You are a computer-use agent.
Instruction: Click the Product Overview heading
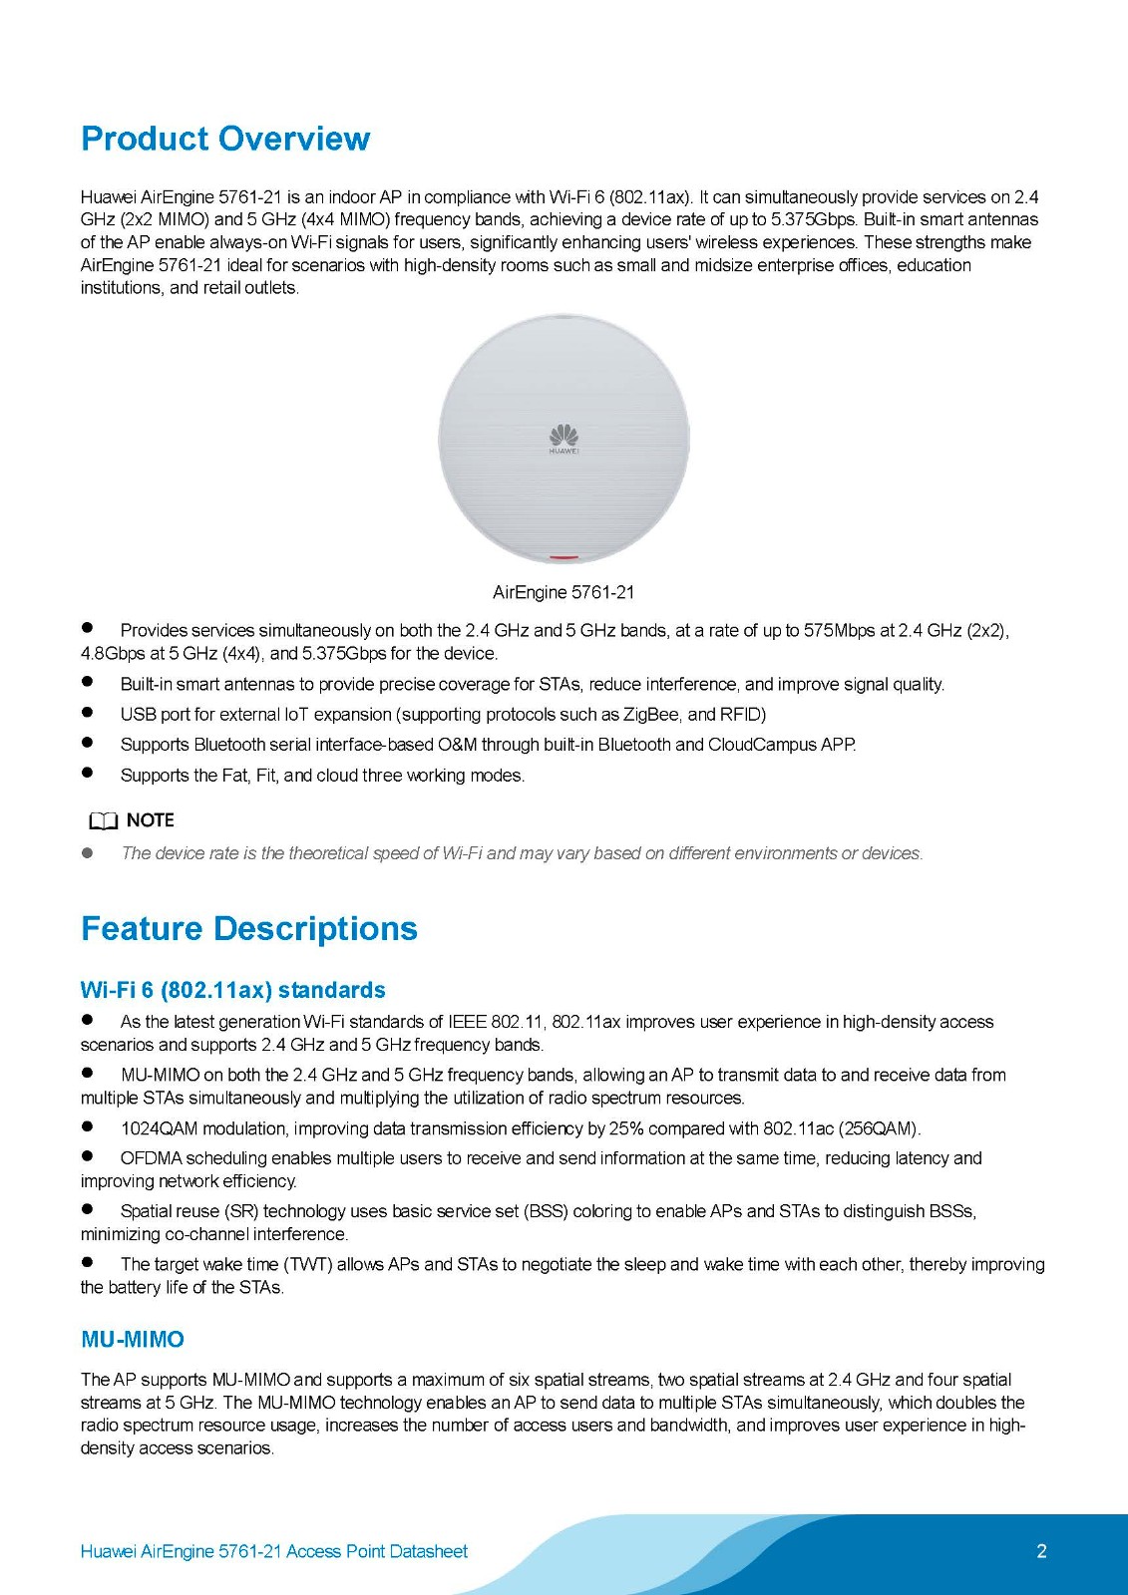coord(225,139)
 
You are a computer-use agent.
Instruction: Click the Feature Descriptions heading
coord(248,928)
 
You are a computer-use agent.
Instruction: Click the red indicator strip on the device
coord(564,557)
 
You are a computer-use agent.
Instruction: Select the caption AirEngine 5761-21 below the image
coord(564,592)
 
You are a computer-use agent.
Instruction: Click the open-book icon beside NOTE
coord(103,821)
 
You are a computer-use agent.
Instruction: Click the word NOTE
coord(151,820)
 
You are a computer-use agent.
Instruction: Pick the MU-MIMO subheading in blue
coord(133,1339)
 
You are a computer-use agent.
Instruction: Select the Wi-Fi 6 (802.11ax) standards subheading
coord(232,990)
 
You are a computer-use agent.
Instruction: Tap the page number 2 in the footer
coord(1041,1551)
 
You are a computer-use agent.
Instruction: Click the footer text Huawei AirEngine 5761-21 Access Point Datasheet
coord(273,1551)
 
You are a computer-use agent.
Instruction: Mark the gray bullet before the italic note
coord(88,853)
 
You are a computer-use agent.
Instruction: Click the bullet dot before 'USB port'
coord(88,713)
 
